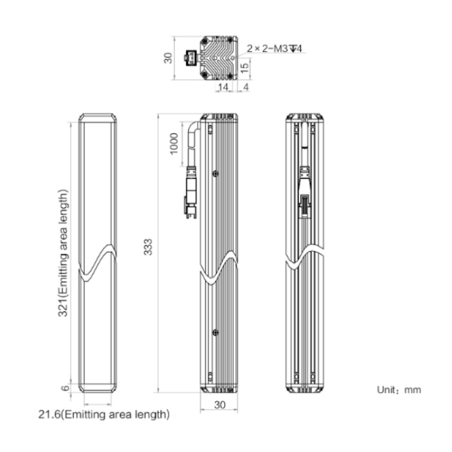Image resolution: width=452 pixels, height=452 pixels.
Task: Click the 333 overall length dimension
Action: pyautogui.click(x=148, y=247)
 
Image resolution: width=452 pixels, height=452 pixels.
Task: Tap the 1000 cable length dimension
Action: pyautogui.click(x=174, y=144)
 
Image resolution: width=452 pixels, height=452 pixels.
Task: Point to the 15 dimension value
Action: pyautogui.click(x=245, y=67)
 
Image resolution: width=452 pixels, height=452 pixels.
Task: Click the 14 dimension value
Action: pyautogui.click(x=223, y=87)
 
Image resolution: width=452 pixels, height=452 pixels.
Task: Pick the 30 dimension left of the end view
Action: pyautogui.click(x=168, y=58)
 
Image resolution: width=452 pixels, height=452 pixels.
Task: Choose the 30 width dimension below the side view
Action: pyautogui.click(x=219, y=405)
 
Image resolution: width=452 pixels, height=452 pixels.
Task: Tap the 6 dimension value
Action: pyautogui.click(x=66, y=388)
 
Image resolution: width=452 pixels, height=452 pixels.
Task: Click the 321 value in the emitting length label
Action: pyautogui.click(x=63, y=309)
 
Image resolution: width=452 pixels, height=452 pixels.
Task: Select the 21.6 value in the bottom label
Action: pyautogui.click(x=49, y=415)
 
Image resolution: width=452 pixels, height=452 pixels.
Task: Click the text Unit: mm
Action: pyautogui.click(x=399, y=390)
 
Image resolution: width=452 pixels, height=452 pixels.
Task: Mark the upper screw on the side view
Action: pyautogui.click(x=215, y=174)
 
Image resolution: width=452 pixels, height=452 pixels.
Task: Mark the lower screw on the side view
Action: pyautogui.click(x=215, y=333)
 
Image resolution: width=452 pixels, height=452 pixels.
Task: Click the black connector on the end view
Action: pyautogui.click(x=190, y=57)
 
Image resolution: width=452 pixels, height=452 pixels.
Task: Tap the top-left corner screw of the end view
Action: pyautogui.click(x=205, y=41)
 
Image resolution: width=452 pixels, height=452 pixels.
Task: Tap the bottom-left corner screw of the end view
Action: pyautogui.click(x=205, y=75)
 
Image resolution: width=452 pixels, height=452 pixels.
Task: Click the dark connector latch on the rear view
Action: pyautogui.click(x=304, y=206)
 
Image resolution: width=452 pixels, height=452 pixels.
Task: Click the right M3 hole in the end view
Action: pyautogui.click(x=233, y=58)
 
